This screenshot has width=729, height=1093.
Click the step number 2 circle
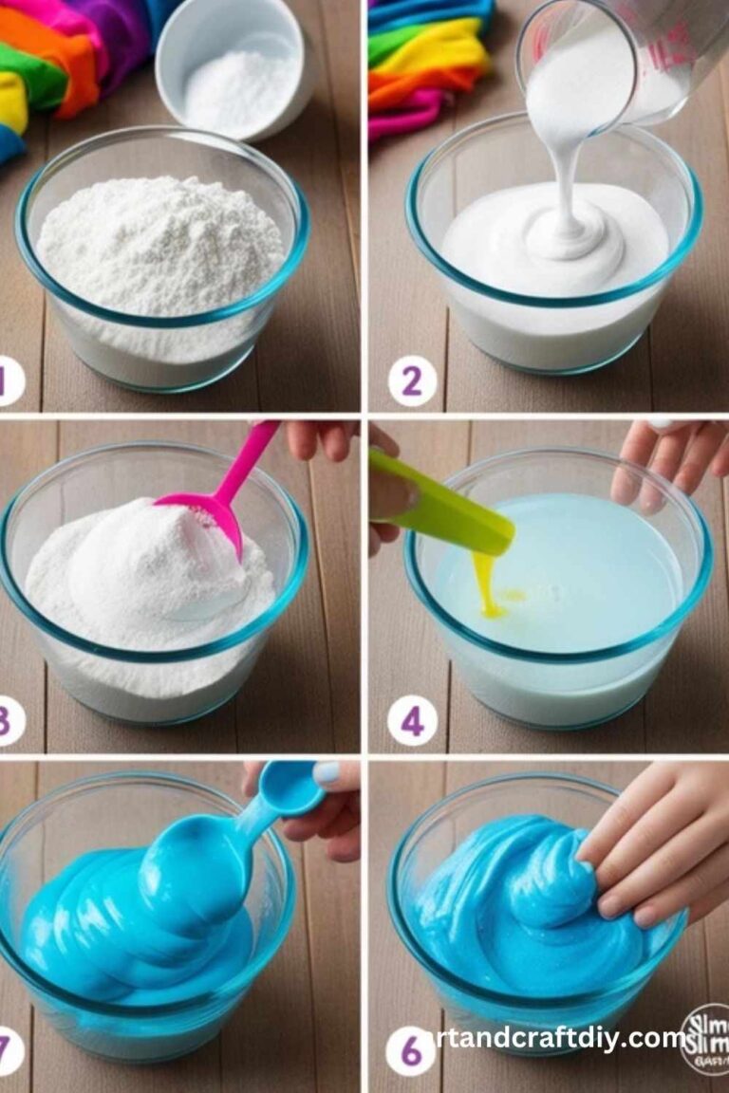click(x=411, y=382)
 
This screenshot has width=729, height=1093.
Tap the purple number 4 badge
click(x=411, y=721)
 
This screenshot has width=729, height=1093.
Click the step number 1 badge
click(x=8, y=381)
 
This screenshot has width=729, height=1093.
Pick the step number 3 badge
click(x=8, y=721)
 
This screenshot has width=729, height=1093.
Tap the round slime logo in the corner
click(x=704, y=1038)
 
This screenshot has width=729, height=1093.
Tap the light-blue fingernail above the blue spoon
click(x=326, y=773)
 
